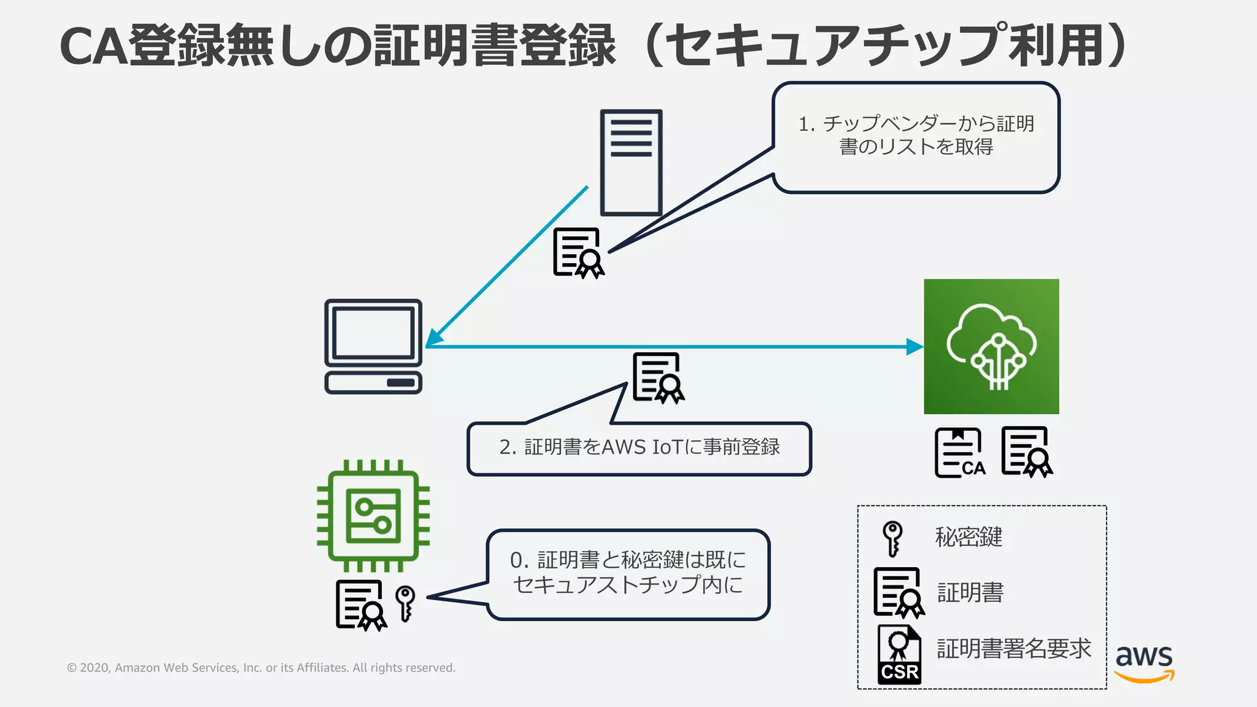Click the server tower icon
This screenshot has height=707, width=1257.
pyautogui.click(x=631, y=163)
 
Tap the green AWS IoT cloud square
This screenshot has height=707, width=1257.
pyautogui.click(x=991, y=346)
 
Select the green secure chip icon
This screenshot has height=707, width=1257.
pyautogui.click(x=373, y=516)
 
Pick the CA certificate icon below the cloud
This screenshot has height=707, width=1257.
pyautogui.click(x=959, y=453)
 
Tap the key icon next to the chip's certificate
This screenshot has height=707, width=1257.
pyautogui.click(x=405, y=603)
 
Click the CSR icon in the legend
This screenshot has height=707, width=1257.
pyautogui.click(x=899, y=654)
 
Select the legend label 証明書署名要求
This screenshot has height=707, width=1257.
pyautogui.click(x=1013, y=649)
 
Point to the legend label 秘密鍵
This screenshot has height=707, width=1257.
pyautogui.click(x=969, y=537)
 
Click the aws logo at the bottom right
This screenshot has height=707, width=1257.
pyautogui.click(x=1144, y=663)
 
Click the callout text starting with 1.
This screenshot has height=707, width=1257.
pyautogui.click(x=916, y=135)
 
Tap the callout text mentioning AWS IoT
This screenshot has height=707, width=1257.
pyautogui.click(x=640, y=447)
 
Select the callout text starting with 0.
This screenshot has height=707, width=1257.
pyautogui.click(x=628, y=572)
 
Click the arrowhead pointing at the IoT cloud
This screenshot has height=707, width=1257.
pyautogui.click(x=915, y=347)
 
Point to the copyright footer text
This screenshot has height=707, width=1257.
pyautogui.click(x=261, y=668)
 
